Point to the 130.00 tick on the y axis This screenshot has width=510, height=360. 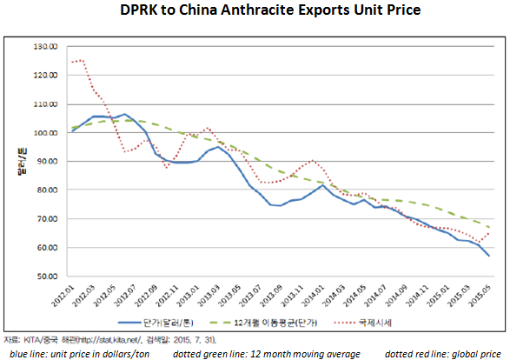point(43,46)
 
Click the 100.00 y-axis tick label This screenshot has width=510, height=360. point(43,132)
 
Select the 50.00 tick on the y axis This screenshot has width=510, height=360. point(45,277)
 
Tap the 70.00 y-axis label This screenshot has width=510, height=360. point(45,219)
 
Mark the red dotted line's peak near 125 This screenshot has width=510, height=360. point(80,61)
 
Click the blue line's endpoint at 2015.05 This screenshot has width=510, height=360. point(488,256)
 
